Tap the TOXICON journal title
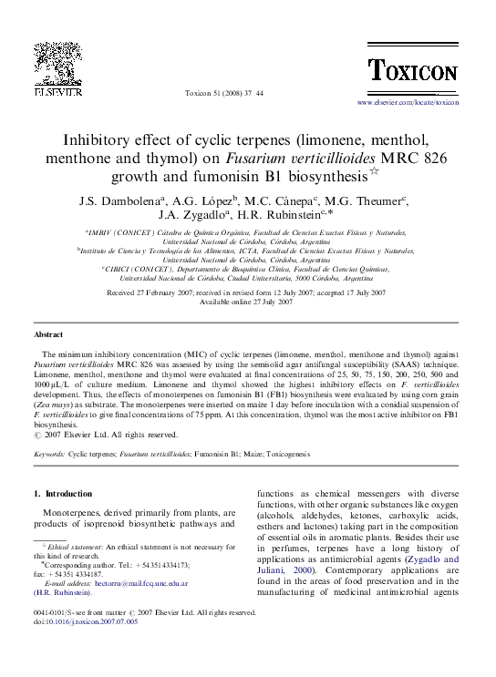tap(412, 69)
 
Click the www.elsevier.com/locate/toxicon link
tap(408, 103)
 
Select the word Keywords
tap(48, 452)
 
